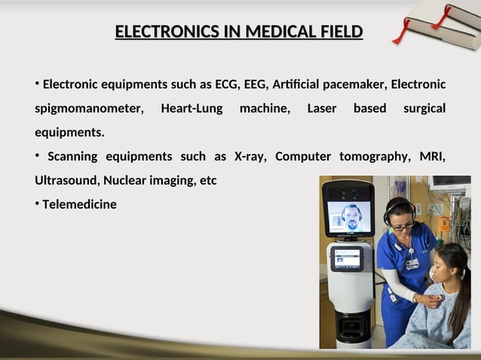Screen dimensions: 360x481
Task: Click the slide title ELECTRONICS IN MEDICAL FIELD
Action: pos(238,32)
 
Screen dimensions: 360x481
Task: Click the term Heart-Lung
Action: pos(191,108)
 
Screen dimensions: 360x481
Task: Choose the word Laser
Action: pos(322,108)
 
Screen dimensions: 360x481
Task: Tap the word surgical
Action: pos(424,108)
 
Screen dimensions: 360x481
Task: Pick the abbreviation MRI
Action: pos(432,157)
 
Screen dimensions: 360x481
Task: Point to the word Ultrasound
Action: pos(66,181)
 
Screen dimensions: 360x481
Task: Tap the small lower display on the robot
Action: pos(347,258)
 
